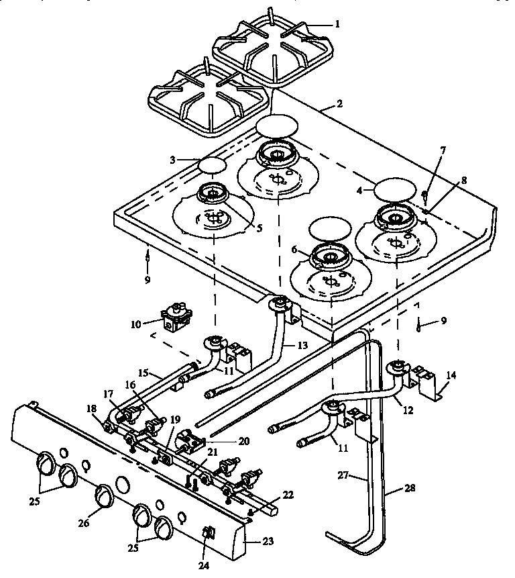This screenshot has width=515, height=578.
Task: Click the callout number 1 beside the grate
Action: click(x=337, y=23)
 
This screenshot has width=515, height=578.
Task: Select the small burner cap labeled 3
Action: click(x=212, y=165)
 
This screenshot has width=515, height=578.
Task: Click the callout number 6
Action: click(x=294, y=248)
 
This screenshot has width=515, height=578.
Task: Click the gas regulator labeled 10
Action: click(x=176, y=314)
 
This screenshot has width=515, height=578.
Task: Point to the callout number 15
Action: click(x=142, y=371)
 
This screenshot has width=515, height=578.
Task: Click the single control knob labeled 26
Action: click(x=105, y=495)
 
